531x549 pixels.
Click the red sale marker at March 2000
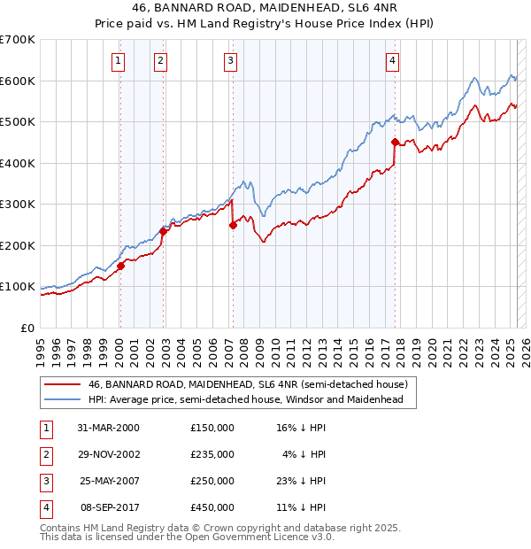(x=120, y=266)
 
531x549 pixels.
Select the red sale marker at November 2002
(x=163, y=231)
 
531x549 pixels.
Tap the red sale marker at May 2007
(x=233, y=225)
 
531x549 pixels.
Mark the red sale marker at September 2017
(x=394, y=141)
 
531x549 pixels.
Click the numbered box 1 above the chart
(x=118, y=61)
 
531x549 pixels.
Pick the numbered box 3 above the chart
(x=230, y=61)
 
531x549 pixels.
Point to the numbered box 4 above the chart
(x=391, y=61)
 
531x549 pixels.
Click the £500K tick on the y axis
(x=19, y=122)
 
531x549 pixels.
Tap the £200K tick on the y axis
(x=19, y=245)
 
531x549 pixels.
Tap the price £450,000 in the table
(x=212, y=507)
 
